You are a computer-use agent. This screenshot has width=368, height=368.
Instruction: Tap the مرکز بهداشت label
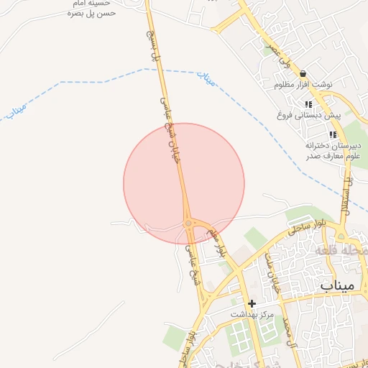(252, 315)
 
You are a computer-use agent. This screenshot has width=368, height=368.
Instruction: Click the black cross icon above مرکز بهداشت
(252, 304)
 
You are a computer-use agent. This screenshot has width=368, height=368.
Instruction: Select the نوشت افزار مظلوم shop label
(303, 85)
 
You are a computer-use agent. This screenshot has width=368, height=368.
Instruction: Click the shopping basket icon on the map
(303, 73)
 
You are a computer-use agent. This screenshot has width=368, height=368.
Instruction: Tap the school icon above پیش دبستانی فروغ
(308, 104)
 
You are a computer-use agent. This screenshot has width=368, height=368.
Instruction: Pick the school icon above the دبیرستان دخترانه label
(332, 134)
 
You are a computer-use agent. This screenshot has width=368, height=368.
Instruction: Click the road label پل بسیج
(152, 44)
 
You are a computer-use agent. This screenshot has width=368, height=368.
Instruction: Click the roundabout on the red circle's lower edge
(188, 224)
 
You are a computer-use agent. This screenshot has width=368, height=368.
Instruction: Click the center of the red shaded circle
(184, 183)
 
